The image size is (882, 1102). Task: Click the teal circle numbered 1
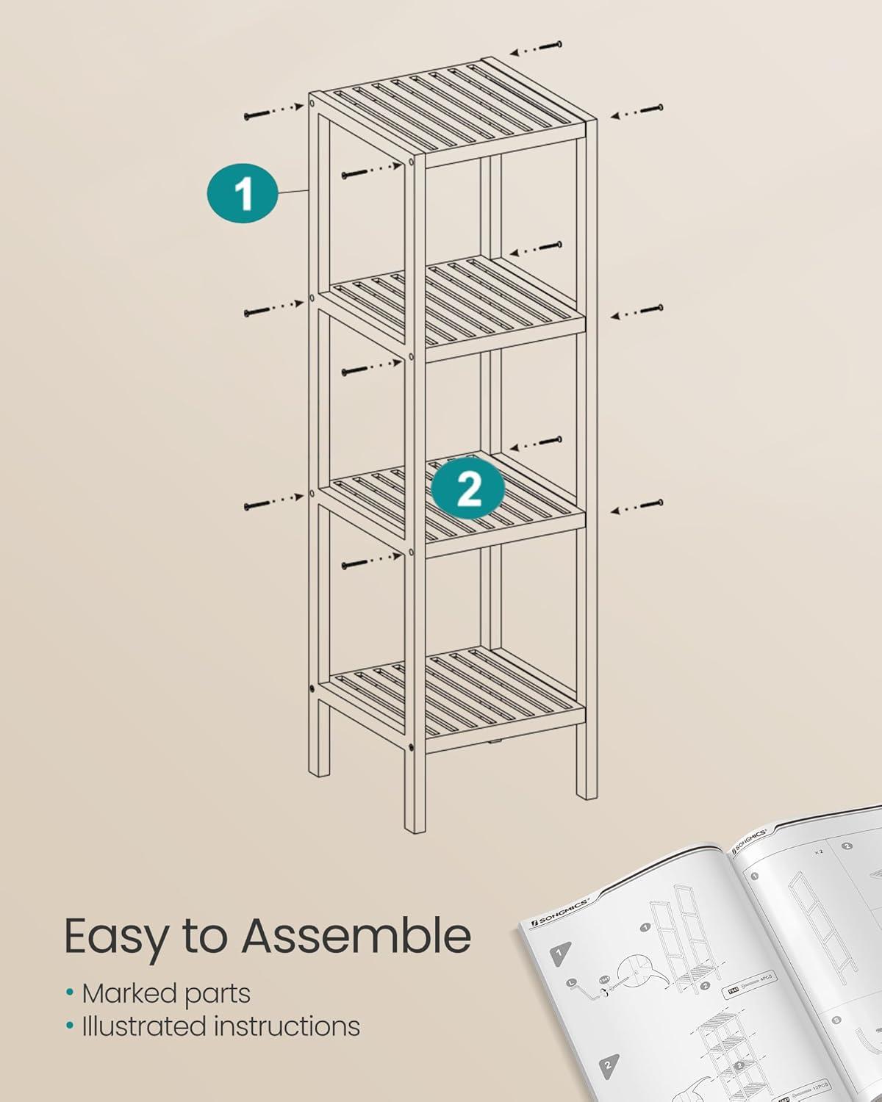click(242, 192)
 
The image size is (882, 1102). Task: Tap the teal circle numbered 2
click(468, 487)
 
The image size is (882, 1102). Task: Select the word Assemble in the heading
click(356, 935)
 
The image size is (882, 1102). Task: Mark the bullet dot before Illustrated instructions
click(70, 1026)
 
